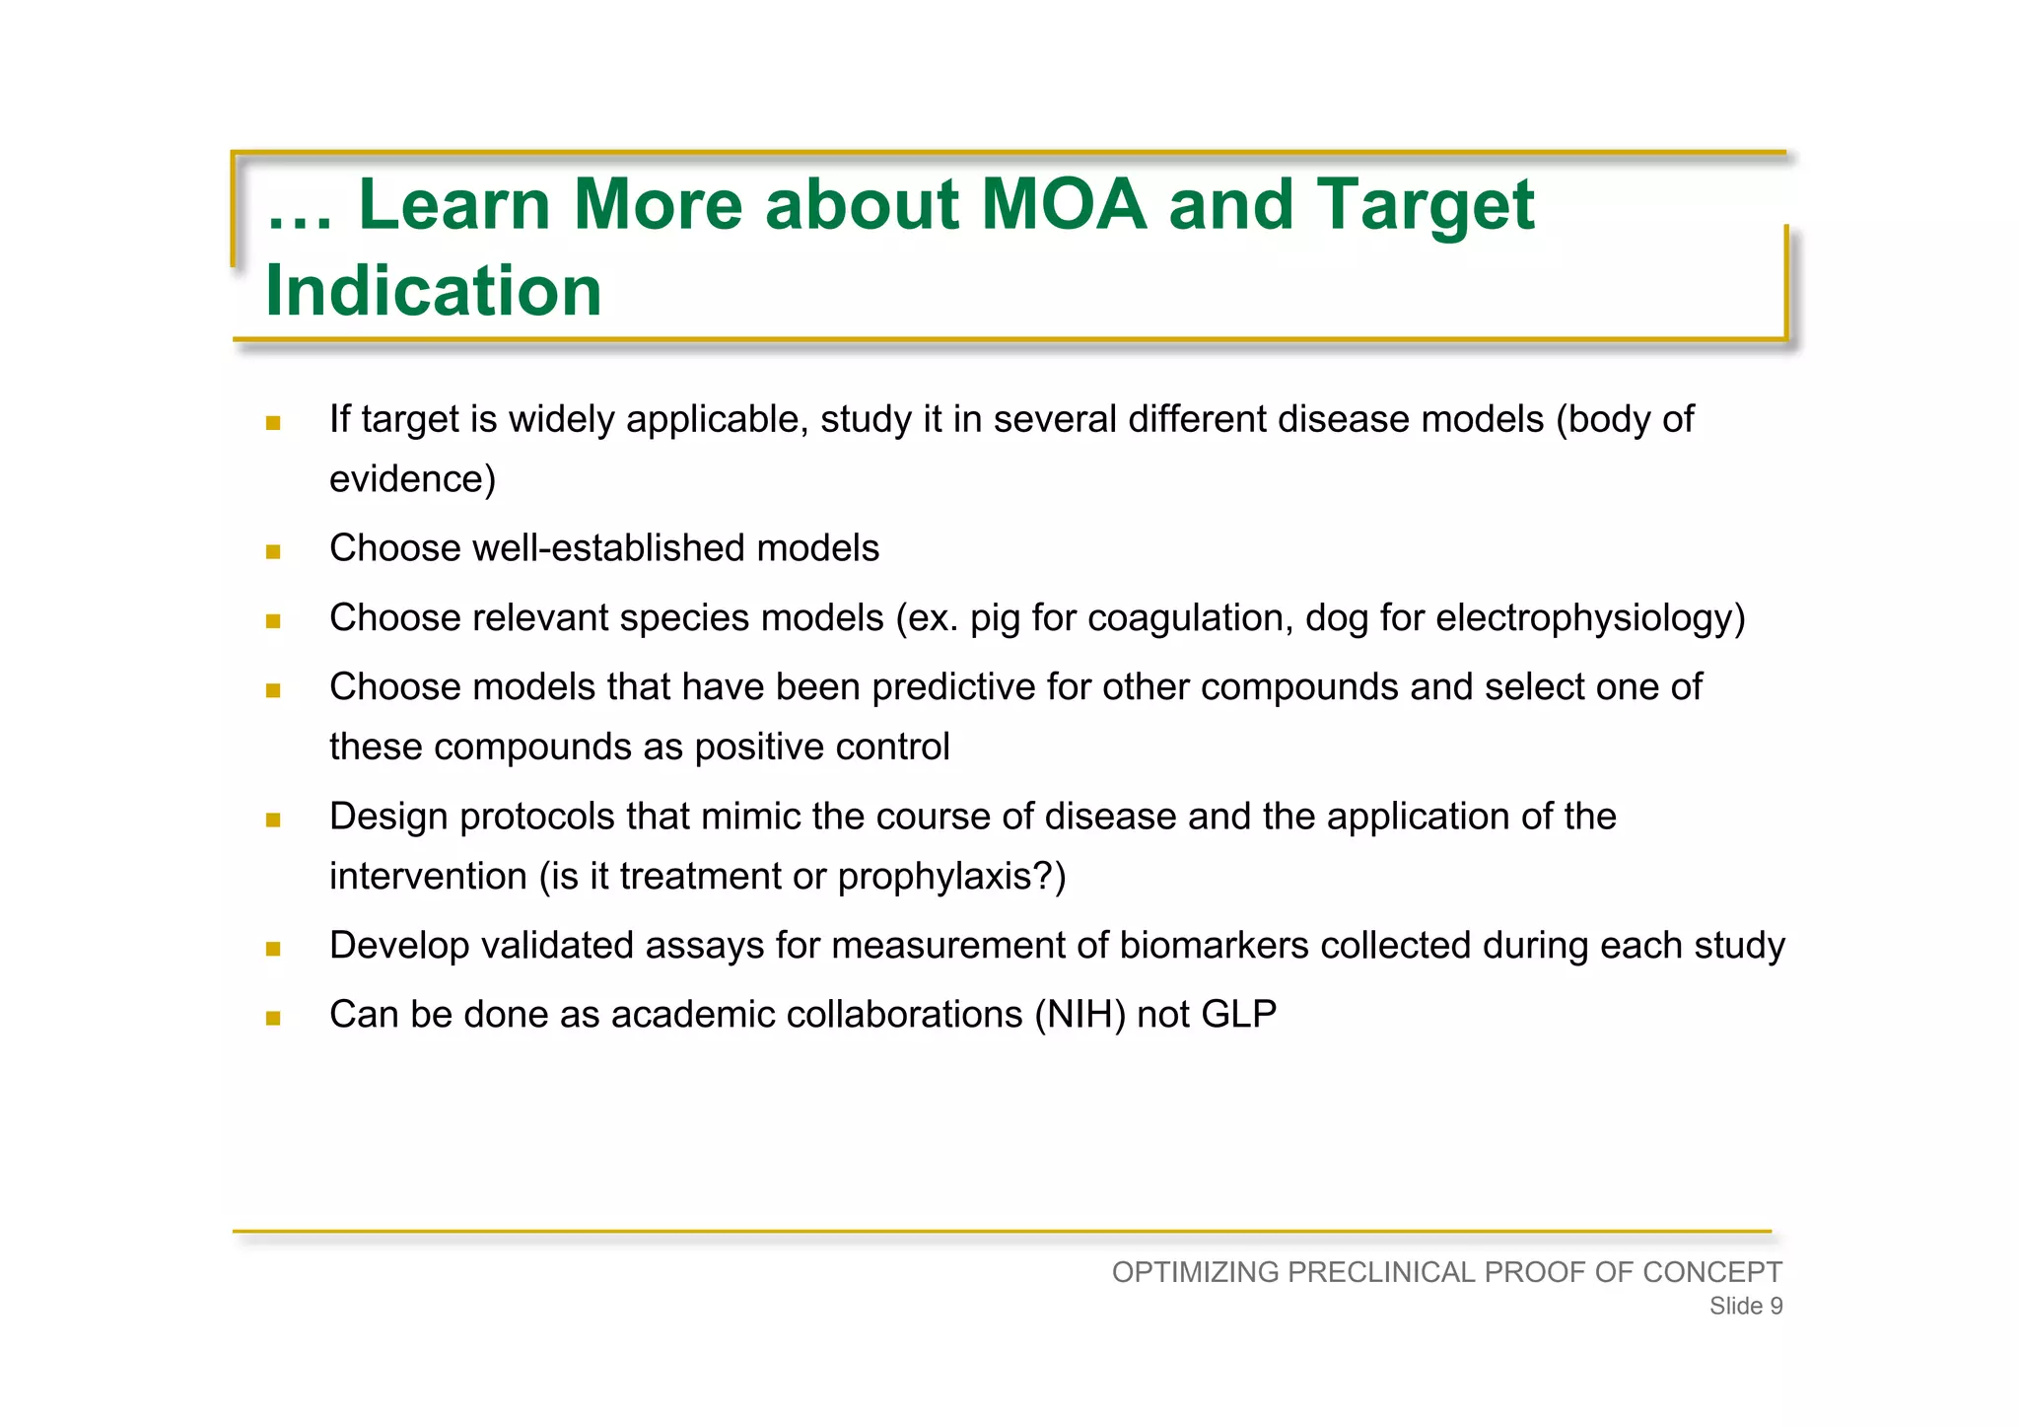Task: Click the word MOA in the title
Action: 1064,205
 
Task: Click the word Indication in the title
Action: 433,291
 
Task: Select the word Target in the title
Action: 1426,207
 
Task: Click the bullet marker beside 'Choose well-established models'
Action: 273,551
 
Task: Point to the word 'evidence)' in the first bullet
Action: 412,479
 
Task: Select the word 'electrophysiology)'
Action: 1590,619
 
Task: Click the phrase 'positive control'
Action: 821,748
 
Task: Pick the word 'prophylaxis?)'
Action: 951,877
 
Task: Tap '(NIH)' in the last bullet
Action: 1079,1015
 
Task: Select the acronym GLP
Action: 1239,1015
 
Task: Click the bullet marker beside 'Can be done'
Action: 273,1018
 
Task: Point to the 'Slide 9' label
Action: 1745,1307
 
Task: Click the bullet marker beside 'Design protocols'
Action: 273,820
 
